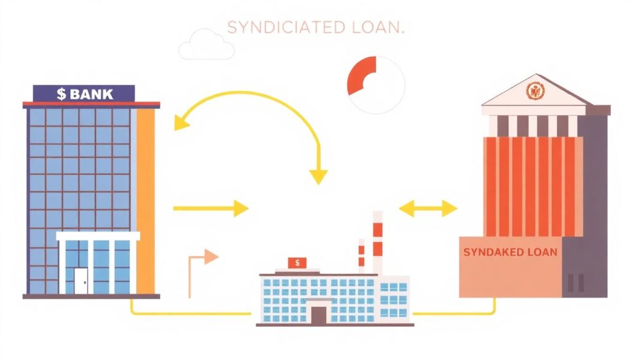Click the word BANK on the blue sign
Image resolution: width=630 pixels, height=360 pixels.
pos(92,94)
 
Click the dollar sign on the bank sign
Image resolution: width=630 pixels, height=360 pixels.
pos(61,94)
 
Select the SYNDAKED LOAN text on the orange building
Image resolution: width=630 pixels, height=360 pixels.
pos(510,252)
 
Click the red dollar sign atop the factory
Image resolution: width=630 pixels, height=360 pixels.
pos(297,263)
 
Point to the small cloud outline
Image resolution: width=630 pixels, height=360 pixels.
pos(206,45)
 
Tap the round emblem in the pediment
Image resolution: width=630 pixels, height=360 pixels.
pos(535,91)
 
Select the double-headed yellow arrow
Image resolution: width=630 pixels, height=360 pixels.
pos(428,209)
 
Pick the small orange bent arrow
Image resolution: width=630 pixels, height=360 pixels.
pos(202,265)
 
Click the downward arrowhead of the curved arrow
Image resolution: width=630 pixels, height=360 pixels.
pos(318,177)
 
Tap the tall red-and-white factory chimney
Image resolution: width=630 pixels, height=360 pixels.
pos(377,243)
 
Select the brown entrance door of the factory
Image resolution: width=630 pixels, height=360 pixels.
pos(318,316)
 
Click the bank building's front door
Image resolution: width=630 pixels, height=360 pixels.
pos(81,281)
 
